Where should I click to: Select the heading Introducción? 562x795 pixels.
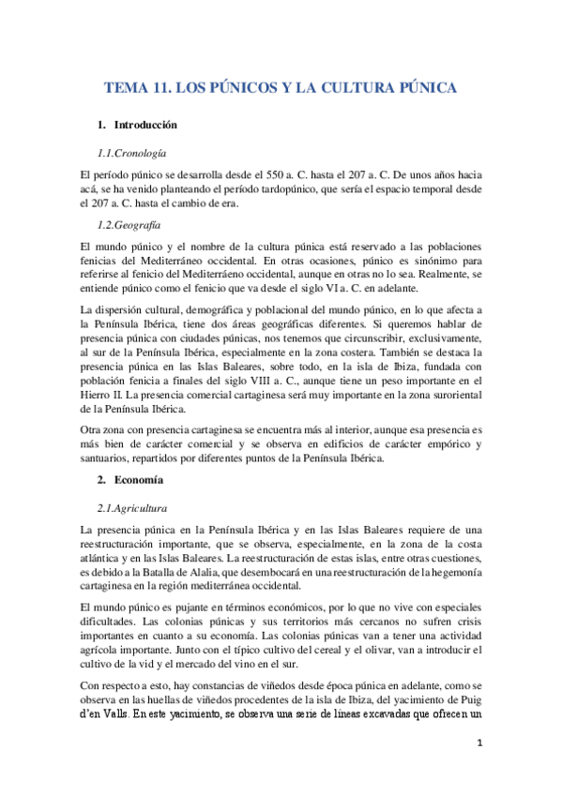[x=145, y=125]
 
